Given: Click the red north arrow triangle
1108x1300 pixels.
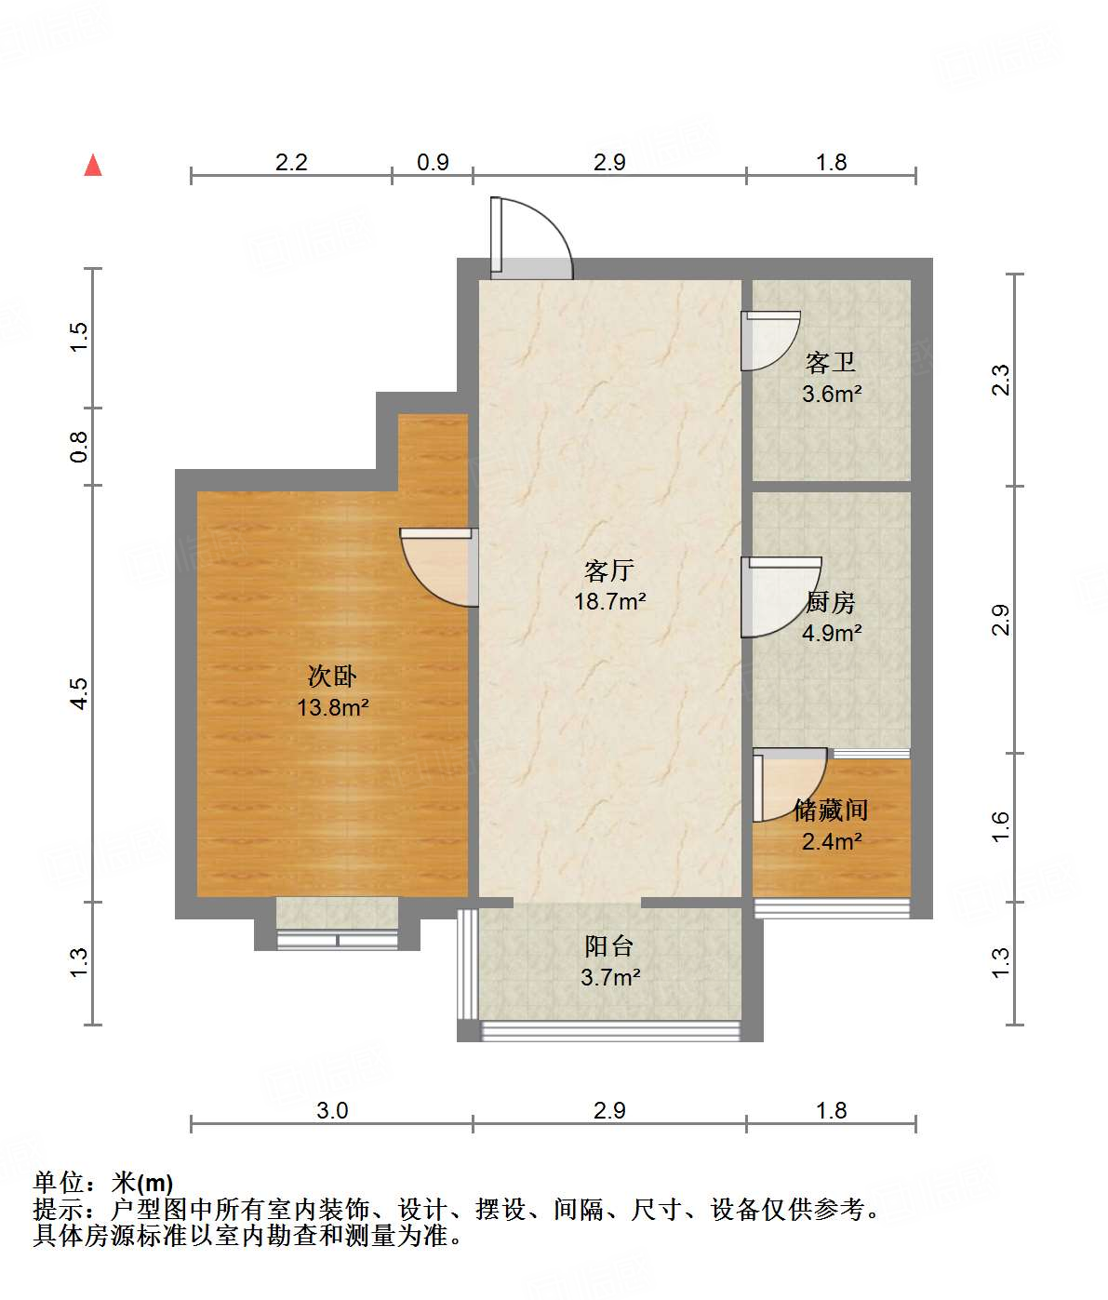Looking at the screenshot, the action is pyautogui.click(x=93, y=165).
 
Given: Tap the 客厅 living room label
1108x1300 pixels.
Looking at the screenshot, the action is pyautogui.click(x=608, y=570).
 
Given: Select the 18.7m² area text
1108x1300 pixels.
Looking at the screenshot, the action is pyautogui.click(x=610, y=601).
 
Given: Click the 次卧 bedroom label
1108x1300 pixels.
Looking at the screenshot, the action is pyautogui.click(x=332, y=677).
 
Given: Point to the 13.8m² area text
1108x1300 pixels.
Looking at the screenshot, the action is pyautogui.click(x=333, y=707).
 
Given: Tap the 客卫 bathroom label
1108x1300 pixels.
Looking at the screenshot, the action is pyautogui.click(x=831, y=363).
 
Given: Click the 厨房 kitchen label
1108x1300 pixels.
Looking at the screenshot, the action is pyautogui.click(x=831, y=602).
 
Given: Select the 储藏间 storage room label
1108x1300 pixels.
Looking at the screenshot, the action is pyautogui.click(x=831, y=811).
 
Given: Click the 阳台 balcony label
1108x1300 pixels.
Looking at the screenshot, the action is pyautogui.click(x=608, y=945).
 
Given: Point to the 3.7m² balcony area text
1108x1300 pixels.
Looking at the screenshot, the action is pyautogui.click(x=610, y=977).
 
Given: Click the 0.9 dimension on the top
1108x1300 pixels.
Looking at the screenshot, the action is pyautogui.click(x=433, y=162).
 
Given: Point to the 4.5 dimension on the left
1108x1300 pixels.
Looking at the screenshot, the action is pyautogui.click(x=78, y=693).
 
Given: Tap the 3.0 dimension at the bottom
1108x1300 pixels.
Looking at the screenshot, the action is pyautogui.click(x=332, y=1111).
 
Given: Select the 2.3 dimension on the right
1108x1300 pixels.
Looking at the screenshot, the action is pyautogui.click(x=1000, y=380).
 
